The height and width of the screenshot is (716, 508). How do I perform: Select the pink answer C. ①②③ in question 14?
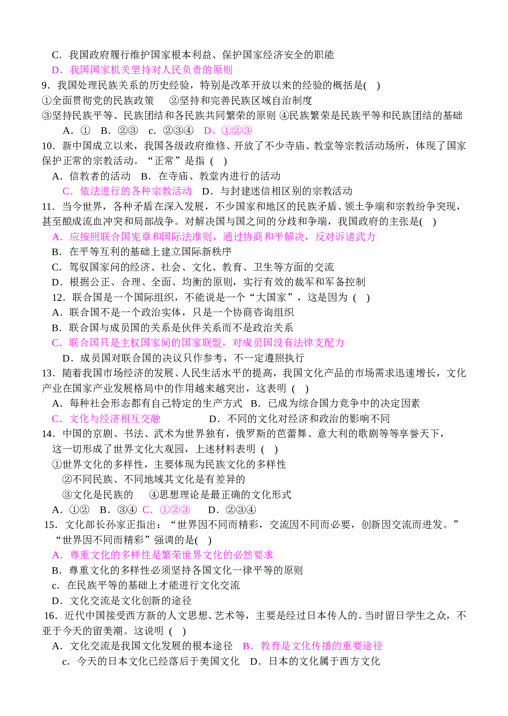[166, 509]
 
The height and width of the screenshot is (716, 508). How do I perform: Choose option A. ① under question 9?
[77, 131]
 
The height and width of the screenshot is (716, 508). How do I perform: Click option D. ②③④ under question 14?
[232, 509]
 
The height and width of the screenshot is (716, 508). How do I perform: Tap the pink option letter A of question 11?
[57, 237]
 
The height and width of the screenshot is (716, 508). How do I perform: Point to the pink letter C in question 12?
[56, 343]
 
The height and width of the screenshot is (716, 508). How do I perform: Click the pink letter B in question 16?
[248, 646]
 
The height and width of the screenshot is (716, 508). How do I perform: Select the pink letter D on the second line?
[57, 70]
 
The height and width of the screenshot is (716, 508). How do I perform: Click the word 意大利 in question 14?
[333, 434]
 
